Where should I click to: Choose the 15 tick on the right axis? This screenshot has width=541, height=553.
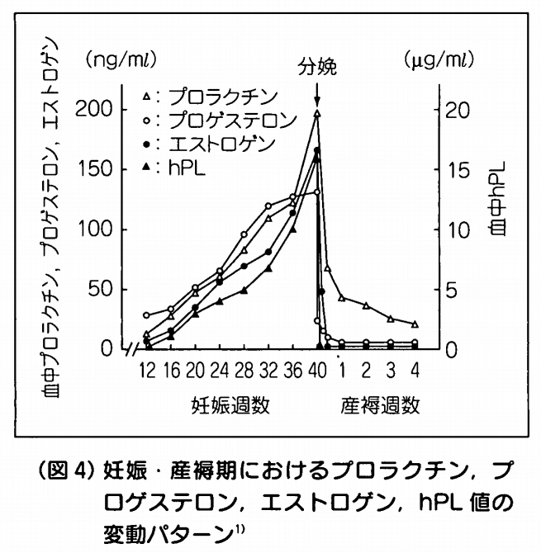454,170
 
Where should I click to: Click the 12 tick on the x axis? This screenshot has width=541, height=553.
147,369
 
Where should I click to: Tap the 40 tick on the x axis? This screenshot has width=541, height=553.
317,369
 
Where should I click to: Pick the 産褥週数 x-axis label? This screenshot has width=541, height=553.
379,406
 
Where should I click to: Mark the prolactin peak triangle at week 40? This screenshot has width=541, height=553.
317,115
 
